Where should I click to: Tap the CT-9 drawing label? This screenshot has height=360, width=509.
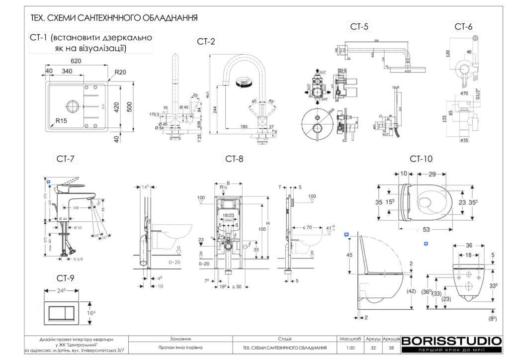click(67, 278)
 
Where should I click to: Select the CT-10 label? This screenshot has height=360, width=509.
click(421, 159)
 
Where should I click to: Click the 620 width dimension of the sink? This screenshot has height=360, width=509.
click(76, 61)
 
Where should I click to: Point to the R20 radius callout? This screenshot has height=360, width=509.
click(120, 72)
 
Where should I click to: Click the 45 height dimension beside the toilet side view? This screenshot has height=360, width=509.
click(349, 255)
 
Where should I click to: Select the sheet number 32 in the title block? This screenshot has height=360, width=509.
click(373, 348)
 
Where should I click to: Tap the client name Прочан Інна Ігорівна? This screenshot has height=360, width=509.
click(180, 348)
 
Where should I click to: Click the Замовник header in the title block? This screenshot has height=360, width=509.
click(180, 338)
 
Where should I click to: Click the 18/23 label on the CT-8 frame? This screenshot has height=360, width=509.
click(229, 215)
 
